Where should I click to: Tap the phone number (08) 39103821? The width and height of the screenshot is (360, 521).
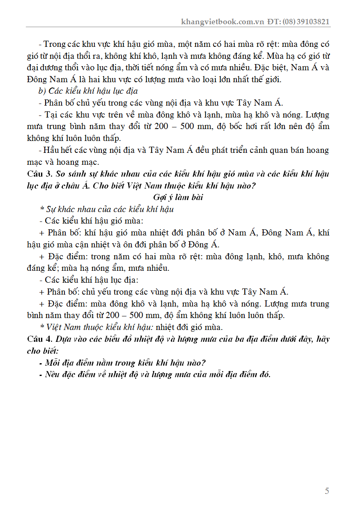click(x=305, y=22)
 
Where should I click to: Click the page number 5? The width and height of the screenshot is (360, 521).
click(x=327, y=491)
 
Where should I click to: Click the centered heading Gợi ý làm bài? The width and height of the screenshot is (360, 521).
click(x=178, y=197)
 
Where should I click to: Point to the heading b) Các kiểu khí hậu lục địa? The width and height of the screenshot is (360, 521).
click(x=88, y=91)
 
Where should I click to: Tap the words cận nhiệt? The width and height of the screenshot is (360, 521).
click(x=126, y=244)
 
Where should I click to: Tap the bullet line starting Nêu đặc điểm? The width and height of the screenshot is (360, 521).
click(x=158, y=375)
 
